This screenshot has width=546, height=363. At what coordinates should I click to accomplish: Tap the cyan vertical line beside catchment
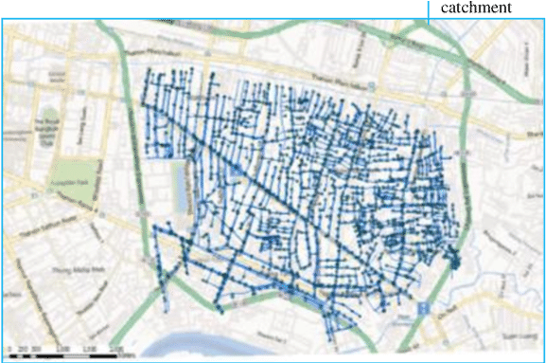coord(429,10)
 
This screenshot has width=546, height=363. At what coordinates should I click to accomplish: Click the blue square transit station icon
coord(423,307)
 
